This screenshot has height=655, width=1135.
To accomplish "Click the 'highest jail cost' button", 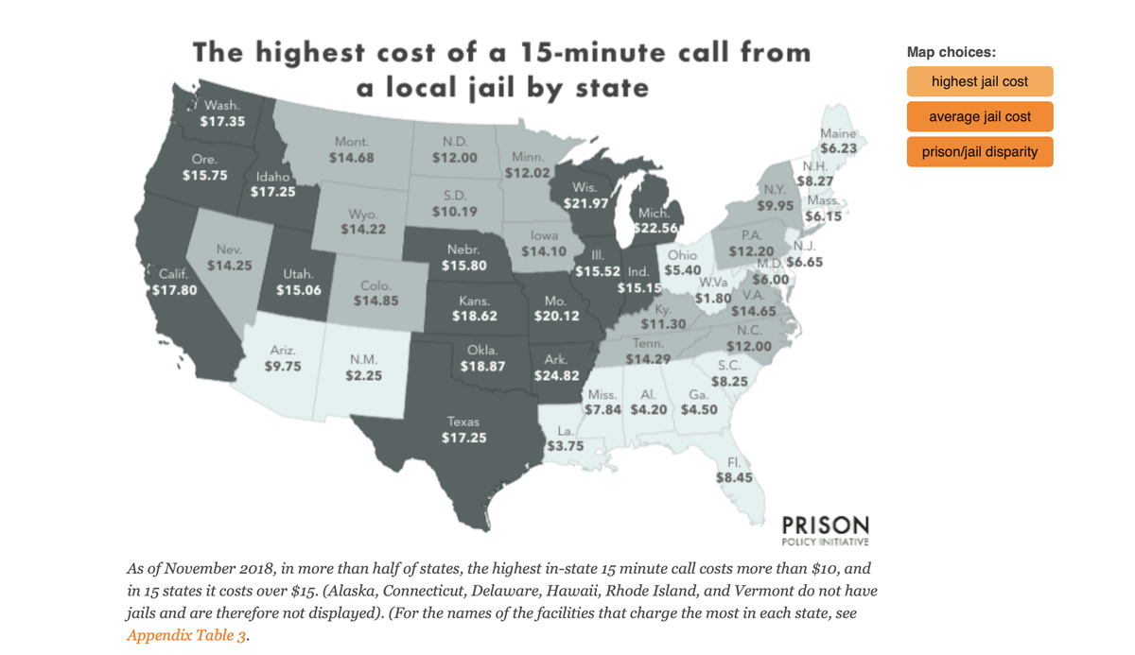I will pos(979,81).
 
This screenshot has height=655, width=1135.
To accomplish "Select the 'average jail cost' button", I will pos(979,116).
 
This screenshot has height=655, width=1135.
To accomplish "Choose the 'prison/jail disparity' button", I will pos(979,151).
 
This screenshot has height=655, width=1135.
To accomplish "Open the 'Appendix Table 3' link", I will pos(187,635).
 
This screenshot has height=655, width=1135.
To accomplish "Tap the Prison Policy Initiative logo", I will pos(825,529).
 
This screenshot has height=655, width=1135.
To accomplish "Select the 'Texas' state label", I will pos(463,422).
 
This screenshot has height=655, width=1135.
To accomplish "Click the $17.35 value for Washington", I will pos(223,121).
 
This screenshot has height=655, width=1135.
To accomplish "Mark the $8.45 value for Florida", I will pos(734,477).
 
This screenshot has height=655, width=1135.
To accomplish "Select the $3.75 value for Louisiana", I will pos(566,445).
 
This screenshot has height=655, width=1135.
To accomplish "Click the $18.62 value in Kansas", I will pos(475,317).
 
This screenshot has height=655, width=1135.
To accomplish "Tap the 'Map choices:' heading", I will pos(951,52).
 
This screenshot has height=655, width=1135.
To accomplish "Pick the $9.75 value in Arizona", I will pos(281,366).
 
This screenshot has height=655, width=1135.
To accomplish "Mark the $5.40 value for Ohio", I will pos(682,270).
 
